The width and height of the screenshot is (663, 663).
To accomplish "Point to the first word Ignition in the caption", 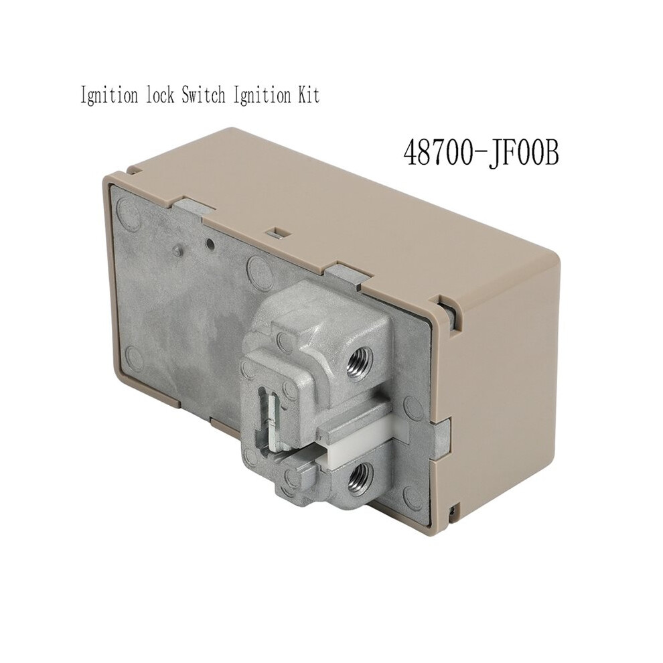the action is click(108, 96).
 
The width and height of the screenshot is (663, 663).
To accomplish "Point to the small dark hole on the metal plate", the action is click(209, 242).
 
